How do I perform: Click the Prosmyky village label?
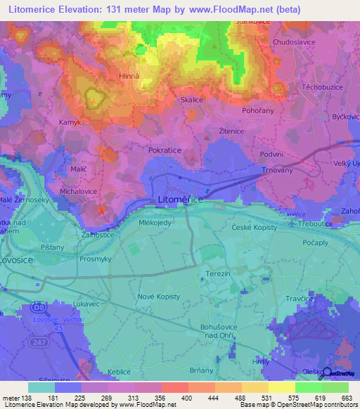coord(95,259)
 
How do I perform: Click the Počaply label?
coord(316,242)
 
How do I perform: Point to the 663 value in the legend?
coord(346,398)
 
